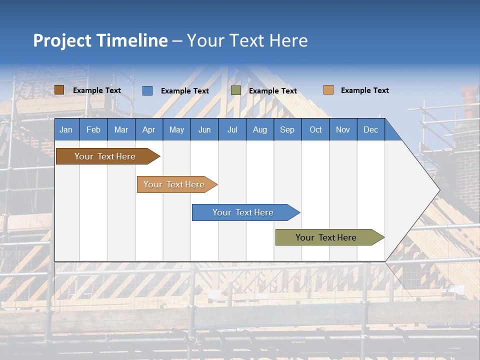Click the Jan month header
66,129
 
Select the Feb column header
93,129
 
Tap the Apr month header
148,129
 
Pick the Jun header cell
204,129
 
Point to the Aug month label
259,129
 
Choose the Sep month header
287,129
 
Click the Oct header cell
315,129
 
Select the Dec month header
370,129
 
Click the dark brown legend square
59,90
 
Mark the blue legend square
147,90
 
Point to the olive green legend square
236,90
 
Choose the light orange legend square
328,90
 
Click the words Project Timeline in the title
100,40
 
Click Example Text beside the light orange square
364,90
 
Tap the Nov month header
343,129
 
